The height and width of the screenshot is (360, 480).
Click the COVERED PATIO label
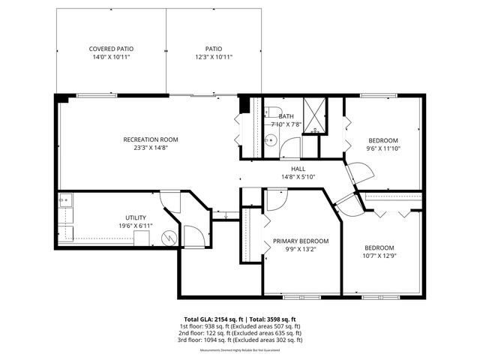[x=111, y=49]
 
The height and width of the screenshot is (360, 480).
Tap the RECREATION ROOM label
[x=151, y=139]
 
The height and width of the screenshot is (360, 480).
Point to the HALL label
[x=298, y=169]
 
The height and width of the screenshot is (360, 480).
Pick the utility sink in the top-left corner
[x=65, y=199]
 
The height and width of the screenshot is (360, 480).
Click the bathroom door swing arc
[x=289, y=147]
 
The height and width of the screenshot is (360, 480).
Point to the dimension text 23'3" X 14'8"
[x=151, y=148]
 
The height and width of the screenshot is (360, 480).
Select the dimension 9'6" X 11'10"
[x=382, y=148]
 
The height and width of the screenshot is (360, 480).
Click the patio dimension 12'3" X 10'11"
[x=214, y=57]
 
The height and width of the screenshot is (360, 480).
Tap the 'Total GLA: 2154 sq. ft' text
[x=208, y=319]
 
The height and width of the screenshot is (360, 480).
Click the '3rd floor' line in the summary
[x=239, y=340]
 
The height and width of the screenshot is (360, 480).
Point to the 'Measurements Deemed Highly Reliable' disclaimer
[x=239, y=350]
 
